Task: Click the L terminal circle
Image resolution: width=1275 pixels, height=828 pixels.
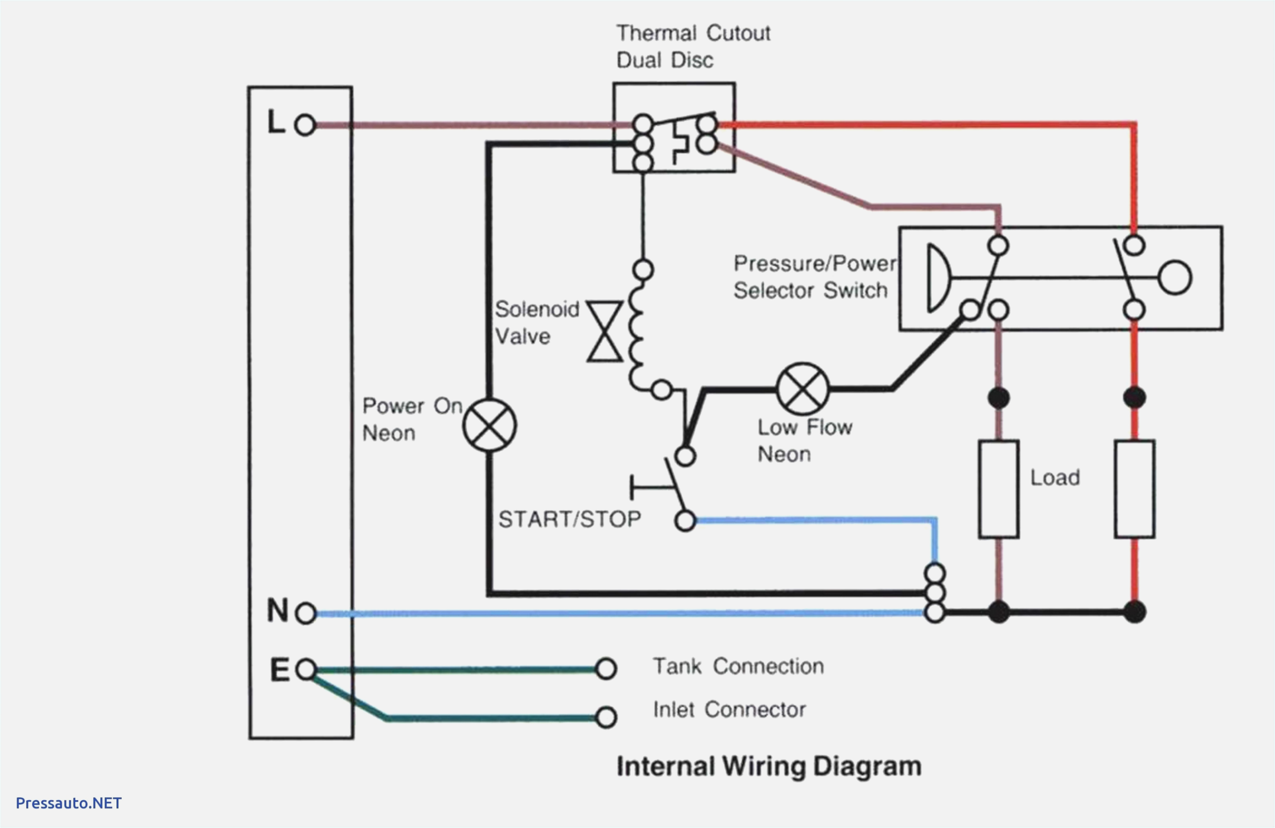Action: [x=305, y=125]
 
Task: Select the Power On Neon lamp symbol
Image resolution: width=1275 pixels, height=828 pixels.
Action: [x=490, y=425]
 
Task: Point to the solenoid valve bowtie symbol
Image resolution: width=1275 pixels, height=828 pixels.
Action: [x=605, y=331]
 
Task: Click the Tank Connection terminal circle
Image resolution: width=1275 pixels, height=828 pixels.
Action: [x=606, y=668]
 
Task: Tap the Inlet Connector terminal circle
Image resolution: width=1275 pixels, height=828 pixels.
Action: [x=606, y=717]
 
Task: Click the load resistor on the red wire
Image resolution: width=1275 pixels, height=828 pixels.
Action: [x=1135, y=489]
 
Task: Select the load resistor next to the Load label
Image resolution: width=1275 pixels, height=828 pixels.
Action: [x=999, y=489]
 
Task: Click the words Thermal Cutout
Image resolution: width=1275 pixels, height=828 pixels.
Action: [x=693, y=33]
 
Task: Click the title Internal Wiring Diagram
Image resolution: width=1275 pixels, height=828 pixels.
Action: [x=769, y=766]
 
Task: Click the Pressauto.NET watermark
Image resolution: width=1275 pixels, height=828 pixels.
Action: [x=69, y=803]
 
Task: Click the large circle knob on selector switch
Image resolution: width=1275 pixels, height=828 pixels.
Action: [x=1175, y=278]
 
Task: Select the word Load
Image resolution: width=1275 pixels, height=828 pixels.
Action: [x=1055, y=477]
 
